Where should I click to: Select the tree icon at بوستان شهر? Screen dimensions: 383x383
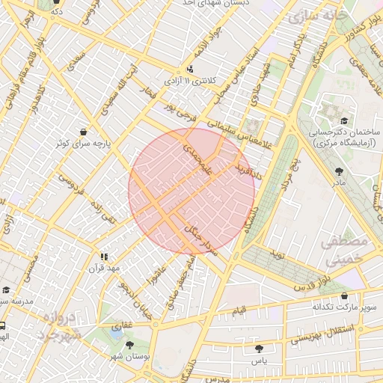click(x=131, y=345)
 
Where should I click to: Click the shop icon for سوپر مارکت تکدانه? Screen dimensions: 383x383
click(x=343, y=296)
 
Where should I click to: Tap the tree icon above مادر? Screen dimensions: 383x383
click(x=339, y=171)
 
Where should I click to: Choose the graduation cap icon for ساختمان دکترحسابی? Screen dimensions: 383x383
click(x=343, y=121)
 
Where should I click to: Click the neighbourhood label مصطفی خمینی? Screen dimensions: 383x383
click(x=345, y=251)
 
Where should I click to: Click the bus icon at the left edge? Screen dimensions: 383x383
click(x=3, y=326)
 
